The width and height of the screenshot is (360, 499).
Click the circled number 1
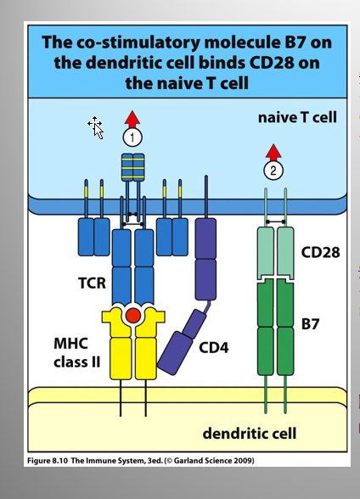pos(132,137)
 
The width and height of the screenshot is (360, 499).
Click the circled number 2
pos(273,171)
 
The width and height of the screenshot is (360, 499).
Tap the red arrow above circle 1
pos(132,120)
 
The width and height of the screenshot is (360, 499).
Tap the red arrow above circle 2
pos(273,153)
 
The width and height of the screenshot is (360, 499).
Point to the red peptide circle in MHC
pos(133,316)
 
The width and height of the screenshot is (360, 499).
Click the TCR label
pos(92,283)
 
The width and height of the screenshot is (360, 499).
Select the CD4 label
pos(214,347)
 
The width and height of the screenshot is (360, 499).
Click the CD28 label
pos(320,252)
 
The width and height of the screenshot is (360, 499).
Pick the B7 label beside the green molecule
pos(310,324)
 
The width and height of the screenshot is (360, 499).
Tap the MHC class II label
pos(77,353)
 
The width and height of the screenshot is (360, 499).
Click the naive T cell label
pos(297,117)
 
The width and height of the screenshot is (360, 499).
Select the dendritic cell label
pos(250,434)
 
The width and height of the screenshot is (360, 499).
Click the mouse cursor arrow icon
pos(96,127)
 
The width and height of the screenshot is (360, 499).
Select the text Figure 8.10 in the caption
pos(48,461)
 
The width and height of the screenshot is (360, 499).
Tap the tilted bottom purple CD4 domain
pos(175,353)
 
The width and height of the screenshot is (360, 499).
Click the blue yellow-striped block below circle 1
pos(133,167)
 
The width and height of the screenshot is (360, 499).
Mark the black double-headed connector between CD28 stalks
pos(276,221)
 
